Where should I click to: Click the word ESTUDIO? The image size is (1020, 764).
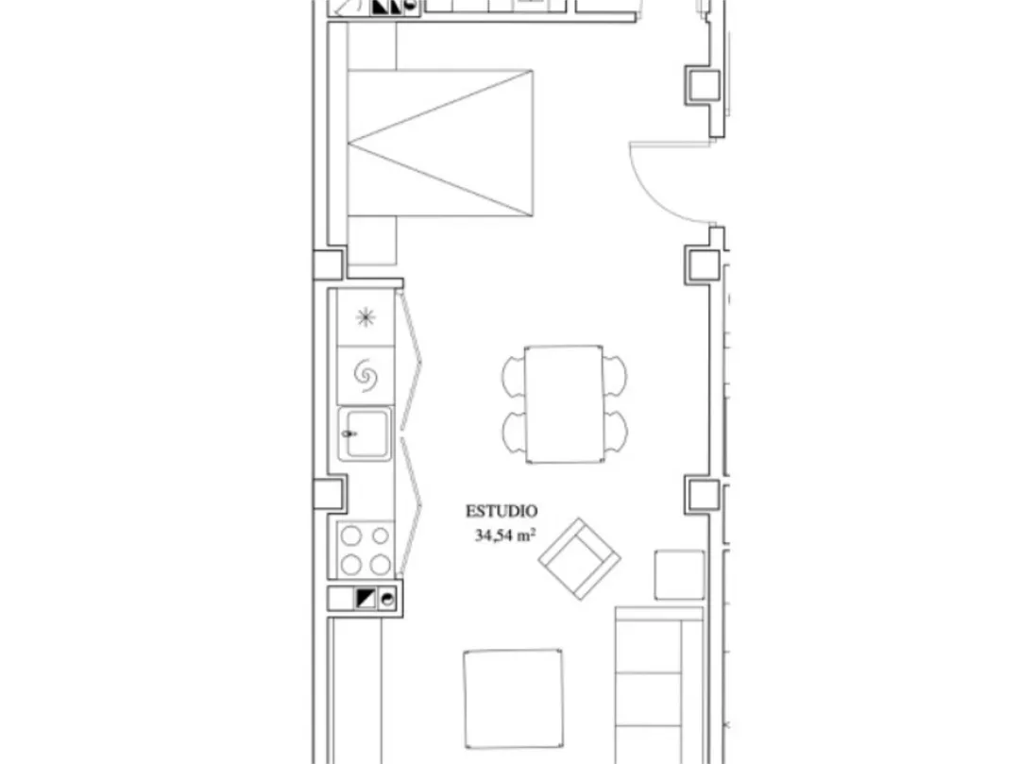501,511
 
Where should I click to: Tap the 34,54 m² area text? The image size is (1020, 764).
505,535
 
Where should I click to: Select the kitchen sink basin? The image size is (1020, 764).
365,433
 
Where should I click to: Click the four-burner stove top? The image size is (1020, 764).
365,550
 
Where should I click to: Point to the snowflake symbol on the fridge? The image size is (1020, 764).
365,317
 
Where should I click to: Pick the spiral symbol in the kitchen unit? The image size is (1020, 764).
365,376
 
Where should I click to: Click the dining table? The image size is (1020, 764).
564,404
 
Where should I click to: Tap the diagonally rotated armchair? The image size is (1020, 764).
579,558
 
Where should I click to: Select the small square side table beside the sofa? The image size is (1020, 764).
679,575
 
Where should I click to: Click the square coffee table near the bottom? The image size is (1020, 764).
513,698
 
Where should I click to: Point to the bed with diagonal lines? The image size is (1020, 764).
440,143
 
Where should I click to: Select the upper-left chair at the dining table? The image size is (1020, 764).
513,376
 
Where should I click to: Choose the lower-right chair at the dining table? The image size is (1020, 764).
616,433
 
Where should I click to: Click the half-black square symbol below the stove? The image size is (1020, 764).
365,598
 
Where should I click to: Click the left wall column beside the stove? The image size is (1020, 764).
330,493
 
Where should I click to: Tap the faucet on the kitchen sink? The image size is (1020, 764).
349,433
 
